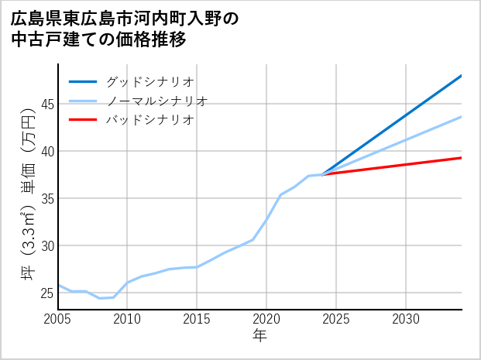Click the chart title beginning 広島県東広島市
124,28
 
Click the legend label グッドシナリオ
150,81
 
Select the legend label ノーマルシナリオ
156,101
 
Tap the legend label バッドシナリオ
150,120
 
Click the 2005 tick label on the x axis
58,319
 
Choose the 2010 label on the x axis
127,319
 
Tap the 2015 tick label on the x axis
197,319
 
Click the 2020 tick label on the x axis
266,319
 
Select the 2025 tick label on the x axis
336,319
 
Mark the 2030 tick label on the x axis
406,319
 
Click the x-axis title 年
259,336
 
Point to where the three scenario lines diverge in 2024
322,175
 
